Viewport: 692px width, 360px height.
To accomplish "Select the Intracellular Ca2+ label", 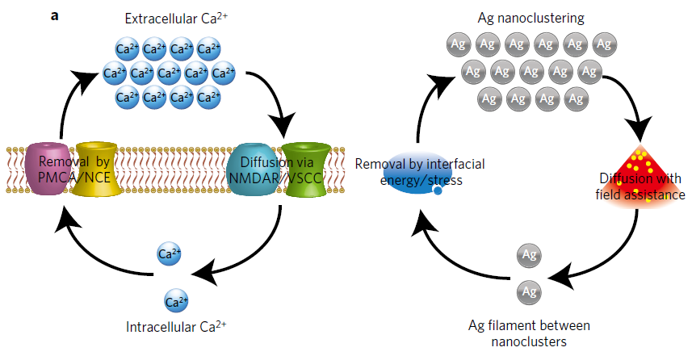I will [x=176, y=327].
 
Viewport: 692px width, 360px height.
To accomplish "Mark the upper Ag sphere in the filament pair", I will [x=530, y=255].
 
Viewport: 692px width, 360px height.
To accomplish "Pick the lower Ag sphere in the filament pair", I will [x=530, y=290].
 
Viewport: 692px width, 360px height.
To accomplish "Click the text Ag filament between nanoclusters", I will [x=530, y=333].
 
